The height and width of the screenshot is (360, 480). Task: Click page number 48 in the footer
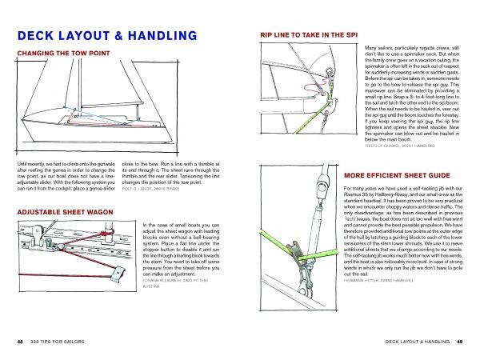[x=19, y=342]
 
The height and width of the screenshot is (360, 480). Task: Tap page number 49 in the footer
[x=460, y=342]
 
